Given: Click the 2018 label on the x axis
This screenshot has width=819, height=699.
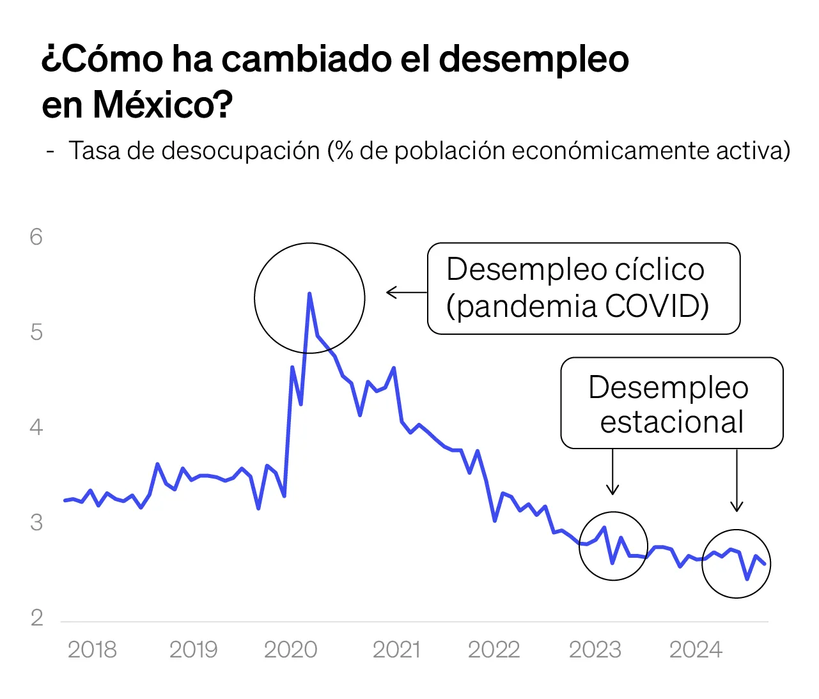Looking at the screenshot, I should pyautogui.click(x=92, y=650).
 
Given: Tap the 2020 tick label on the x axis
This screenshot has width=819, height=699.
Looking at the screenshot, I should pyautogui.click(x=290, y=650).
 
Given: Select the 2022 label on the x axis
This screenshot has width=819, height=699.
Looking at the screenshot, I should pyautogui.click(x=494, y=650).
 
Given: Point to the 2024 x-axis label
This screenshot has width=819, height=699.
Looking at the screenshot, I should pyautogui.click(x=696, y=650).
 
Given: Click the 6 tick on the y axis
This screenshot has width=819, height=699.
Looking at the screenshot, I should pyautogui.click(x=36, y=237).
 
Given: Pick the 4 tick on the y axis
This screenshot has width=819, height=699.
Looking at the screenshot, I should pyautogui.click(x=36, y=427).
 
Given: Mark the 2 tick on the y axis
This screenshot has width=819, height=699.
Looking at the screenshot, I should pyautogui.click(x=36, y=618).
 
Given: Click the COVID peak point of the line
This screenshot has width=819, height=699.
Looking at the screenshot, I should pyautogui.click(x=309, y=294).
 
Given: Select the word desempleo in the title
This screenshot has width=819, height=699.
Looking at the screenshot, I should pyautogui.click(x=534, y=59).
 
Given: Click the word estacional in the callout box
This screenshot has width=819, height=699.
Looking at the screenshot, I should pyautogui.click(x=672, y=422).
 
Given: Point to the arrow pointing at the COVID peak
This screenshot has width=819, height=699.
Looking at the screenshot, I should pyautogui.click(x=406, y=293).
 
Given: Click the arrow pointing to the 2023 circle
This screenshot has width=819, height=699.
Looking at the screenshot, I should pyautogui.click(x=612, y=473).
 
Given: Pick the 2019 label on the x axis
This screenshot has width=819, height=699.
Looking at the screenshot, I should pyautogui.click(x=193, y=650).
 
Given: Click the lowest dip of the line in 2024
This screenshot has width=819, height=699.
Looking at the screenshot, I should pyautogui.click(x=747, y=579).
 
